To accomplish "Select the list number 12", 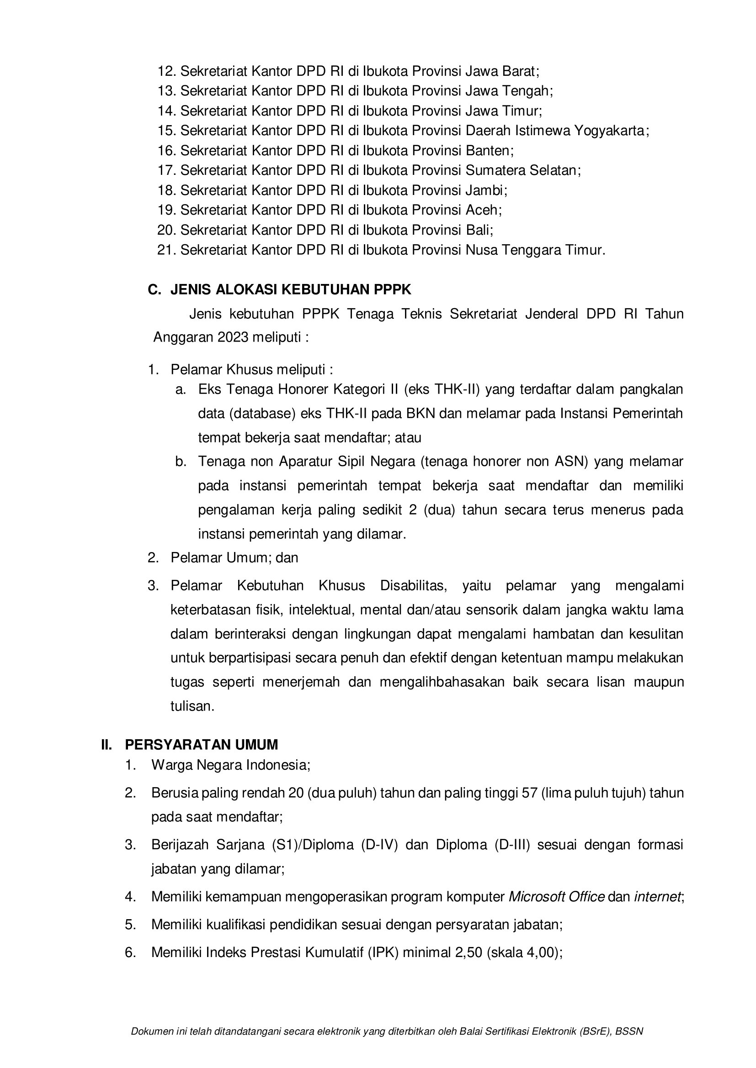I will [166, 71].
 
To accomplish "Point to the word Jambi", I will [484, 190].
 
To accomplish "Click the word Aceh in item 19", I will [482, 210].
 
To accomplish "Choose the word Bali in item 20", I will [478, 230].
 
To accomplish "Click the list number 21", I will [166, 250].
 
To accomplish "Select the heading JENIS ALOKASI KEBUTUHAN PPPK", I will [291, 290].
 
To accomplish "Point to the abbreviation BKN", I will [421, 413].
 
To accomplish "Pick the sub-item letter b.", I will [181, 462].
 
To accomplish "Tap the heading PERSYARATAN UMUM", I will [202, 745].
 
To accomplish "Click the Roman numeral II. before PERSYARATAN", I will [106, 745].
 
